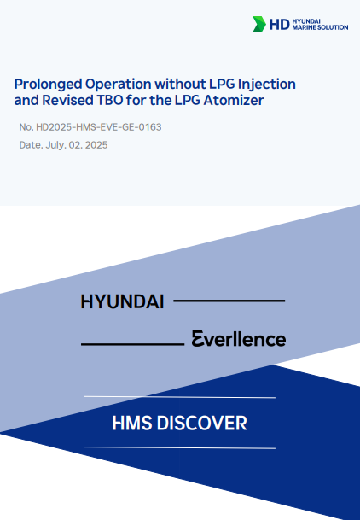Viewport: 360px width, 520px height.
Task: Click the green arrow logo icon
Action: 259,24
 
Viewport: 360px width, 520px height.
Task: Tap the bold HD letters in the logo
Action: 280,25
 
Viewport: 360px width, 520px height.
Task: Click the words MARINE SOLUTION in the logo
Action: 320,27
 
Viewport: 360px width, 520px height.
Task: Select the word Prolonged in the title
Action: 48,85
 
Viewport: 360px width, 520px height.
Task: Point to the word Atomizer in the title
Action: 234,100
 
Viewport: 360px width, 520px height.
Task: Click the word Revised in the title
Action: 67,100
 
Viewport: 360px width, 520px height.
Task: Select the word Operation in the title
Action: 119,85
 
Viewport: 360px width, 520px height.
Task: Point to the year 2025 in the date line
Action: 96,145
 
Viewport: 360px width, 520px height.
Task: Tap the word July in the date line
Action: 55,145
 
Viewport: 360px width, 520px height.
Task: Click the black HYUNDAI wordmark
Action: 122,301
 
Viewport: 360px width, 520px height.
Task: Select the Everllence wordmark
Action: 239,339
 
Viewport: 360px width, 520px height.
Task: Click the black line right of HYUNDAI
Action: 229,301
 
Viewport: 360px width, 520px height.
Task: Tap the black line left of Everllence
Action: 133,344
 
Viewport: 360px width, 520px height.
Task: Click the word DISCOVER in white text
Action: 201,424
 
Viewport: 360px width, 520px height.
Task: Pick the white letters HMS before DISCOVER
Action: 132,424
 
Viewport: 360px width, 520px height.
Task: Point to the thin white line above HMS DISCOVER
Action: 180,397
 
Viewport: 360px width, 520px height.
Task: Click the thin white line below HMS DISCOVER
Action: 180,447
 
